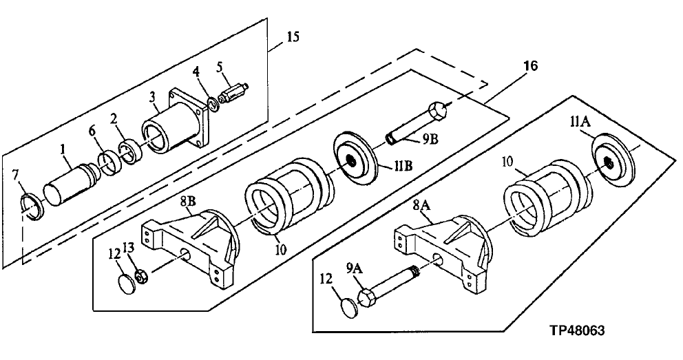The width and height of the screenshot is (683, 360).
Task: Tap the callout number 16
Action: (530, 66)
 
